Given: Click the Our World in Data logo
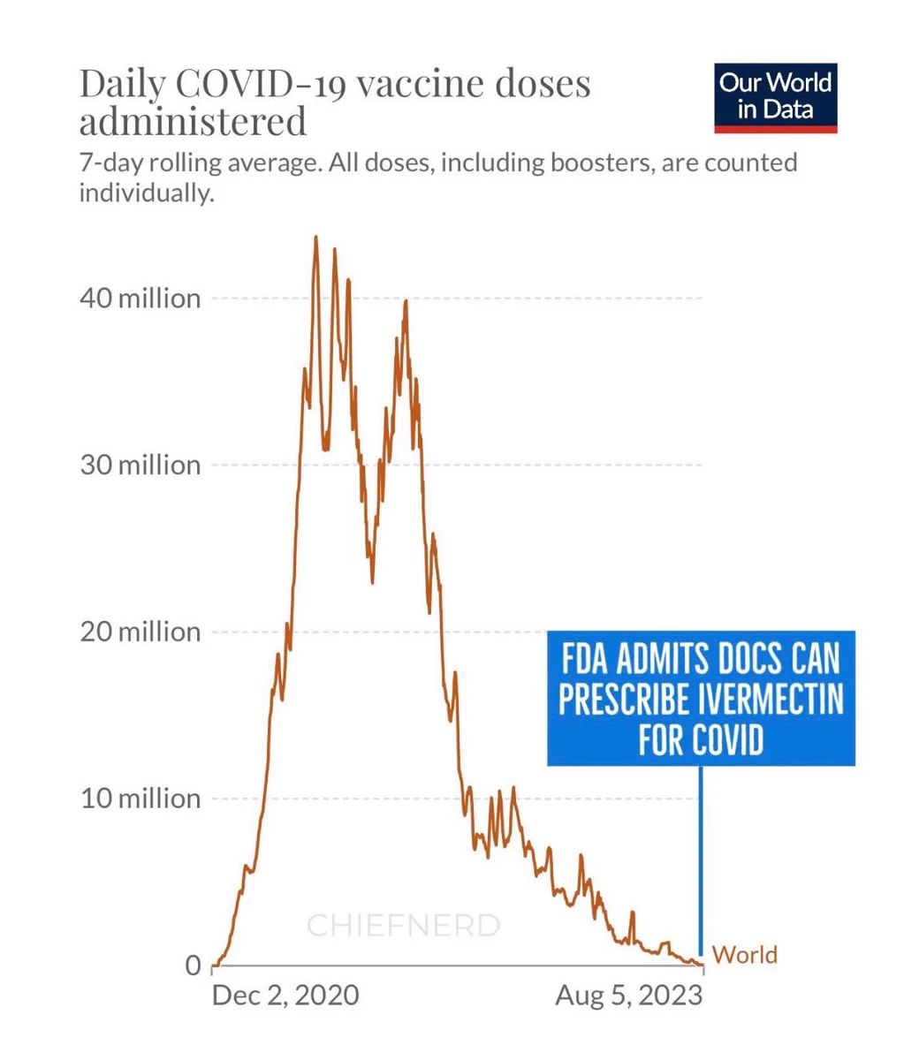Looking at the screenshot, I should click(775, 98).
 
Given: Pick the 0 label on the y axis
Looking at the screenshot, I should click(192, 965).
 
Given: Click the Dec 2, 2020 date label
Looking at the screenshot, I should click(285, 996).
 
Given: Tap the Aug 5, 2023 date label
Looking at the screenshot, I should click(629, 996).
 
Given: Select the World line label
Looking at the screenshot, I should click(744, 955).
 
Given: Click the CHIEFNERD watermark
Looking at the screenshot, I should click(403, 926).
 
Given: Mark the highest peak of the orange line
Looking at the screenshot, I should click(315, 238).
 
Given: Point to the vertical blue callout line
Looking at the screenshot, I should click(701, 857).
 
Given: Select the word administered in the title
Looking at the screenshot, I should click(193, 121).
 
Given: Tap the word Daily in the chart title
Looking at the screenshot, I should click(122, 84).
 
